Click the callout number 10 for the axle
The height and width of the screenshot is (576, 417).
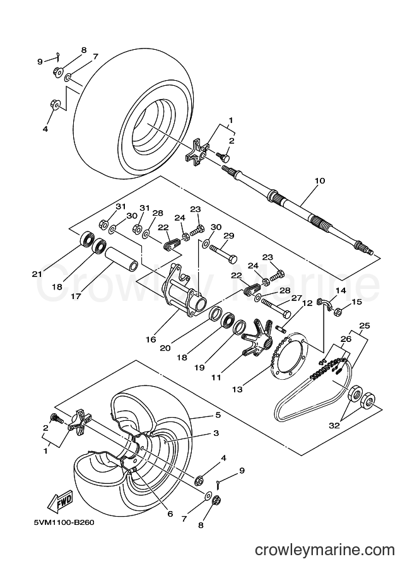click(319, 180)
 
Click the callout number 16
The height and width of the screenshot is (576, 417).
click(151, 339)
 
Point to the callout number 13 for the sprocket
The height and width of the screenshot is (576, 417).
click(237, 389)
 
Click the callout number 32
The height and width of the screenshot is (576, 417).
click(335, 425)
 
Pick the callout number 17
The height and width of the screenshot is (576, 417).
click(76, 295)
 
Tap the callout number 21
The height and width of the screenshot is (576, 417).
click(37, 274)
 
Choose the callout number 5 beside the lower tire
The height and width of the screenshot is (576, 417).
click(218, 414)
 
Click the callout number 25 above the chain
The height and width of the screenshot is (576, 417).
click(365, 326)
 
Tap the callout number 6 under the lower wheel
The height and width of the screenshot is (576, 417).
click(170, 514)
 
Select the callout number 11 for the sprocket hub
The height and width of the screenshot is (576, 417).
click(216, 377)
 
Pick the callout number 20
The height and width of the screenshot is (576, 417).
click(165, 347)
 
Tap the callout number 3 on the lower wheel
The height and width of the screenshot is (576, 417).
click(216, 433)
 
